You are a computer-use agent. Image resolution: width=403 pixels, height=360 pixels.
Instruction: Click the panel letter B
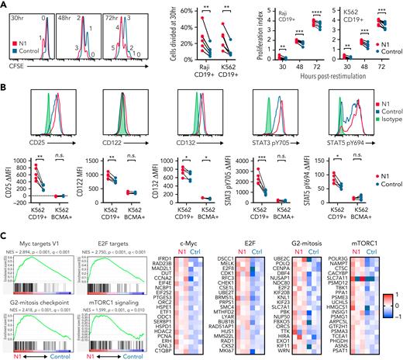tap(5, 88)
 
